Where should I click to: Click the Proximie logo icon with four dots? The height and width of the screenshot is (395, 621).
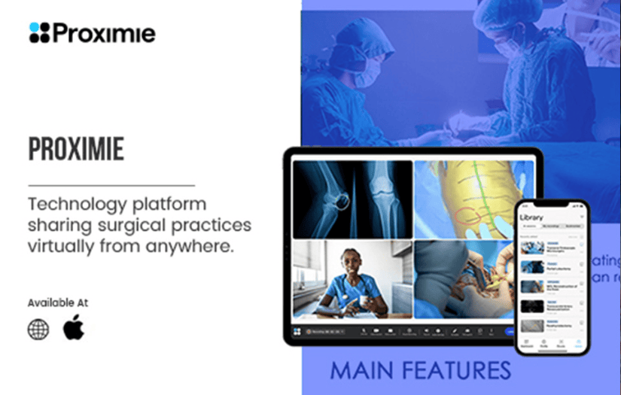pos(39,32)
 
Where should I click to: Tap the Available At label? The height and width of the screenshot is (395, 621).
pos(58,302)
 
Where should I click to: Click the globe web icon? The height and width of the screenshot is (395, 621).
pos(38,329)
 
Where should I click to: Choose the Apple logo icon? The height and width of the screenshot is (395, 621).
pos(74,328)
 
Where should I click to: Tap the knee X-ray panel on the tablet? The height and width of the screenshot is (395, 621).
pos(352,199)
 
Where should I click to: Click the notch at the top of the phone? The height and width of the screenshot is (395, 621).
pos(551,205)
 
